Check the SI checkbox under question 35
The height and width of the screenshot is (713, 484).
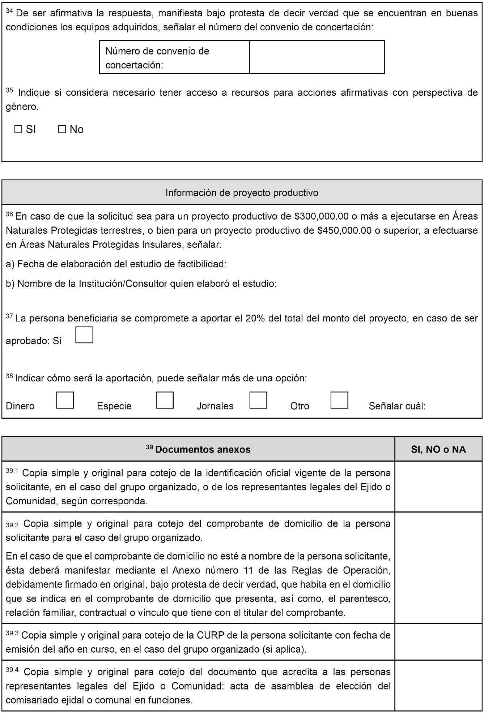point(18,129)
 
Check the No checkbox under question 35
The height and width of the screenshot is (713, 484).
point(62,129)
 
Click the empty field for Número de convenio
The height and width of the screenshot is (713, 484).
point(317,57)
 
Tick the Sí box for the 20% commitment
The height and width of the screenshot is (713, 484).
point(84,335)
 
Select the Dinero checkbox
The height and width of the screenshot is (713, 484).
point(65,400)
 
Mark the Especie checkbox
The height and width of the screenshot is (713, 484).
point(165,400)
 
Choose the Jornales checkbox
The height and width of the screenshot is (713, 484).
point(258,400)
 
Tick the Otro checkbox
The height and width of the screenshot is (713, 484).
point(339,400)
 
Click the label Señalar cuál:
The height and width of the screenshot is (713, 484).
point(397,406)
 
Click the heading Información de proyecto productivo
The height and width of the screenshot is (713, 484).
point(242,193)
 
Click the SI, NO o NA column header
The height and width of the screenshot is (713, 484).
point(438,449)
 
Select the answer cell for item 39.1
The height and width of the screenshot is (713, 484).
point(438,487)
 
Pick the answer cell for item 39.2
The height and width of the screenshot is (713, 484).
point(438,568)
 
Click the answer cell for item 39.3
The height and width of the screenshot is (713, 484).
point(438,642)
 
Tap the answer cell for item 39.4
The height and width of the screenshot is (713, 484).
point(438,686)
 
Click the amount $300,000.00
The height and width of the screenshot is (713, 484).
point(321,216)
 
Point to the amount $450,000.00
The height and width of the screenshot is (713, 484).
point(344,230)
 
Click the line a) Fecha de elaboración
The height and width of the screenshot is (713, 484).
point(116,264)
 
